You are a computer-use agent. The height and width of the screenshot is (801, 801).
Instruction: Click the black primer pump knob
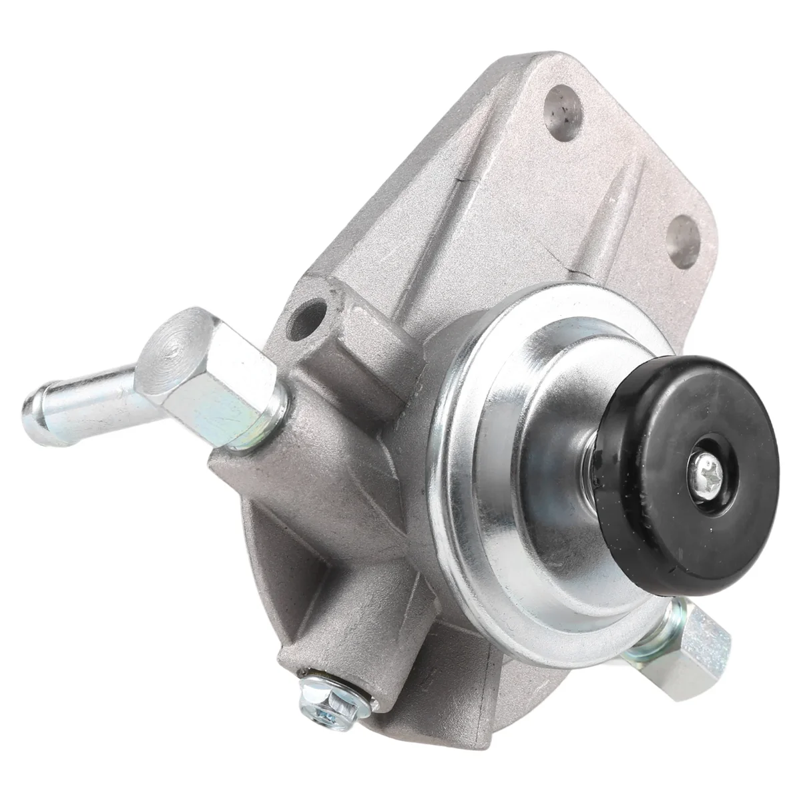coord(708,414)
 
